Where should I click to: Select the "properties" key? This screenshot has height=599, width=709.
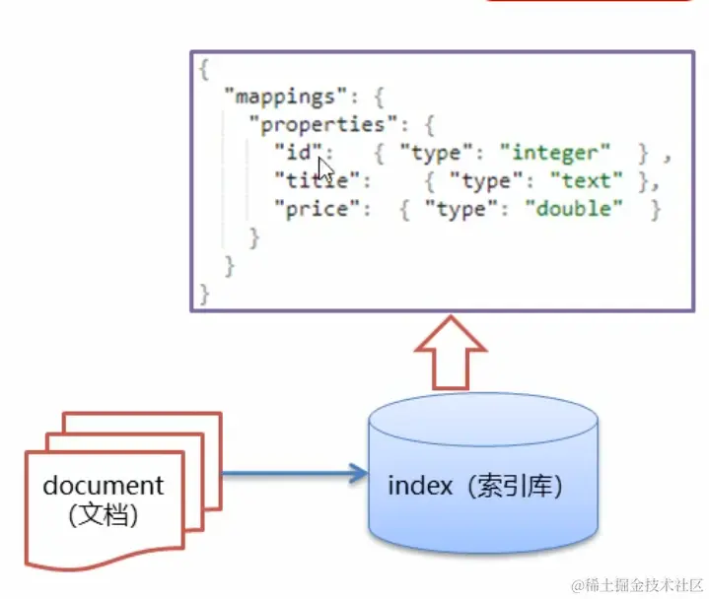pyautogui.click(x=317, y=125)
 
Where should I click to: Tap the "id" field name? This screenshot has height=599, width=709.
pyautogui.click(x=297, y=153)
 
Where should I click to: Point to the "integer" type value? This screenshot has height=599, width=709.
pyautogui.click(x=555, y=153)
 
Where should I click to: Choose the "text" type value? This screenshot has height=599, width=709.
pyautogui.click(x=587, y=180)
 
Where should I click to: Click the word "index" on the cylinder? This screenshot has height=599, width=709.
pyautogui.click(x=419, y=486)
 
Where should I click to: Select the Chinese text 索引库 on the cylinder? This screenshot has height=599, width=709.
pyautogui.click(x=514, y=486)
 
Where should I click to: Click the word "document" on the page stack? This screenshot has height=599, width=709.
pyautogui.click(x=104, y=485)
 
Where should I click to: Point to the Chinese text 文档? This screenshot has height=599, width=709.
pyautogui.click(x=104, y=513)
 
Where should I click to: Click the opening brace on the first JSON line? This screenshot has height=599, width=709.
pyautogui.click(x=204, y=70)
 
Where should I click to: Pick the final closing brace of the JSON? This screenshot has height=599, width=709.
pyautogui.click(x=204, y=294)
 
